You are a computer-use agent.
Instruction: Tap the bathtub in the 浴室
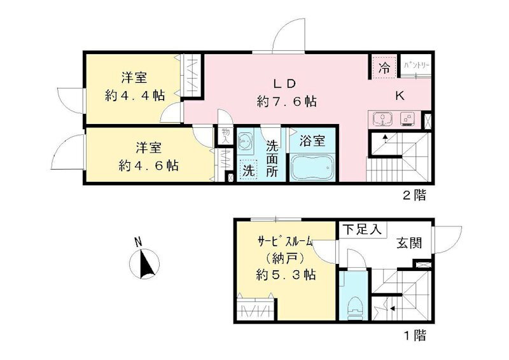pyautogui.click(x=312, y=169)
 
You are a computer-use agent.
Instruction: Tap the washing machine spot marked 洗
pyautogui.click(x=247, y=171)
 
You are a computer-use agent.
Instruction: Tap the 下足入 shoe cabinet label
pyautogui.click(x=361, y=230)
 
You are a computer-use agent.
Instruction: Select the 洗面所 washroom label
pyautogui.click(x=272, y=157)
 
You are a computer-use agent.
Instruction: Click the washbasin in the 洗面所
pyautogui.click(x=245, y=142)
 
